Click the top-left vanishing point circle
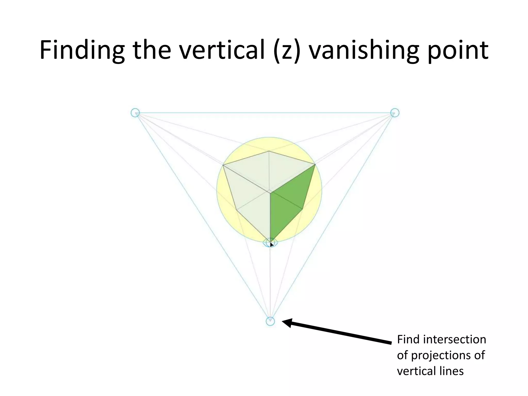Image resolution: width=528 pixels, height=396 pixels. coord(135,113)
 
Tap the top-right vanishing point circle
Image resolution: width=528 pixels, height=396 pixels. coord(395,113)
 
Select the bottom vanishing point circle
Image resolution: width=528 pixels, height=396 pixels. coord(270,321)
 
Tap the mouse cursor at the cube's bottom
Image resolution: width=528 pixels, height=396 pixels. coord(271,244)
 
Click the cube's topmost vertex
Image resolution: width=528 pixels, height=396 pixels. coord(269,151)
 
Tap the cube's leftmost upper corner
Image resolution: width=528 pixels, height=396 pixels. coord(223,165)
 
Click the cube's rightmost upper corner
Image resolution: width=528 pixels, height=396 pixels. coord(315,164)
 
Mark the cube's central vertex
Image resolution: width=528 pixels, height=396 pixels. coord(270,192)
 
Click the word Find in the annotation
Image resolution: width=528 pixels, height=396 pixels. coord(408,339)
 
